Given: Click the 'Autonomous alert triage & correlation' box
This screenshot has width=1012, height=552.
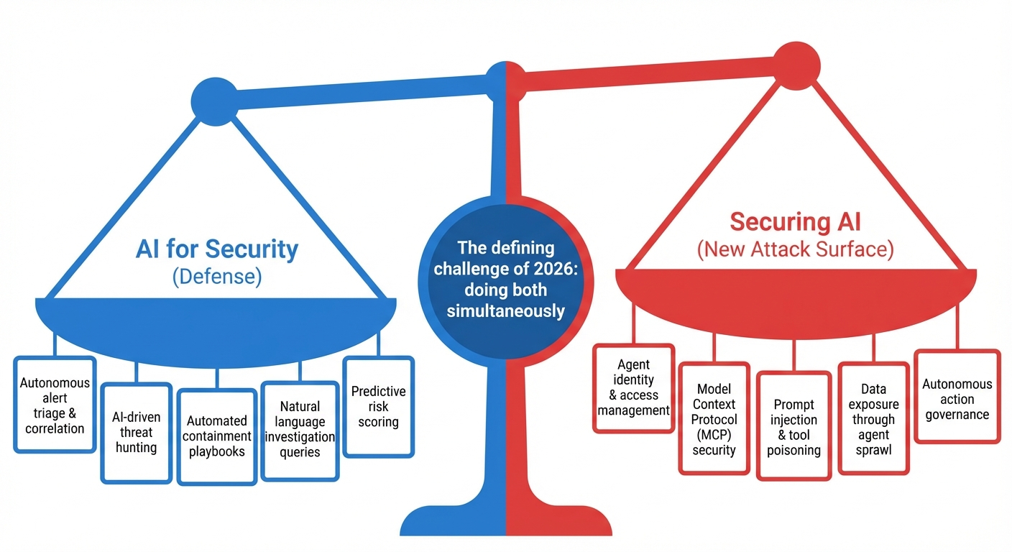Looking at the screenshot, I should [55, 405].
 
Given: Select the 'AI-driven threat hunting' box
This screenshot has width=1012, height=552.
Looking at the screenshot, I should [136, 433].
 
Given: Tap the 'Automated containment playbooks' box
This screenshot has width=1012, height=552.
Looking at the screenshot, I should [216, 436].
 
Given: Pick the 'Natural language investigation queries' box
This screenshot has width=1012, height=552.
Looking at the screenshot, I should [300, 431].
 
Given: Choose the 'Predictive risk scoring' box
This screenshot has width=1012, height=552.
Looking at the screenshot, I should [378, 406].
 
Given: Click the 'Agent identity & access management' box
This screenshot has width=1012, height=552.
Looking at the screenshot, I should [633, 388].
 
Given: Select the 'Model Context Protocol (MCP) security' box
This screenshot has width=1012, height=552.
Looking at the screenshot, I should [714, 419].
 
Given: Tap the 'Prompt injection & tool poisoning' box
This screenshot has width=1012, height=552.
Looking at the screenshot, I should [793, 428].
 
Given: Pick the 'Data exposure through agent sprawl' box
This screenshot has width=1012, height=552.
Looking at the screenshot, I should [873, 419].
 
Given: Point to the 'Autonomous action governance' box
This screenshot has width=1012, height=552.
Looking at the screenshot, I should [957, 397].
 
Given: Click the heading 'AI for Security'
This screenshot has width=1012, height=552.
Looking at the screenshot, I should [216, 249].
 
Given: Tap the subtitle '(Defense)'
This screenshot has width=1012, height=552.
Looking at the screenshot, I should [216, 277].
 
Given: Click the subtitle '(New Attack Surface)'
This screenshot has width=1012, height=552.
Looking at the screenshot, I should [795, 249].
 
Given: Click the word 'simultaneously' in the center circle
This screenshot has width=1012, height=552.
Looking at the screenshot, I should [506, 310].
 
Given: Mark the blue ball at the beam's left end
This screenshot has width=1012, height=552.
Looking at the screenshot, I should [213, 97].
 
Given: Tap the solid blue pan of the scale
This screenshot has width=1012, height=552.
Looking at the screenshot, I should [216, 323].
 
